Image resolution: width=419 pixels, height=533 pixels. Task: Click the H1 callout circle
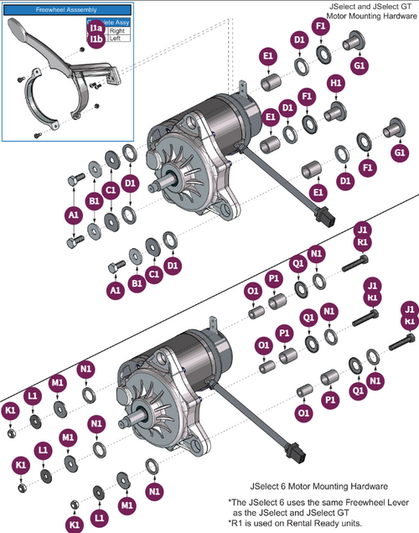[x=336, y=84]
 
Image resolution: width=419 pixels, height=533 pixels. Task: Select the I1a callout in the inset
[x=96, y=28]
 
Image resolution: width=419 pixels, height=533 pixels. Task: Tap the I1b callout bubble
[x=96, y=39]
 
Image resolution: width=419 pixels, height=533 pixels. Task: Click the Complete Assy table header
[x=110, y=23]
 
